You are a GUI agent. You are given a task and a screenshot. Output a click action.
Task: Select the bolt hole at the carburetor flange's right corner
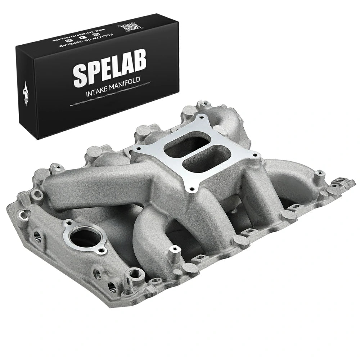pyautogui.click(x=256, y=155)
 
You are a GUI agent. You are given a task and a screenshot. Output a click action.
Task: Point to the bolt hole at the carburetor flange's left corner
pyautogui.click(x=136, y=148)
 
